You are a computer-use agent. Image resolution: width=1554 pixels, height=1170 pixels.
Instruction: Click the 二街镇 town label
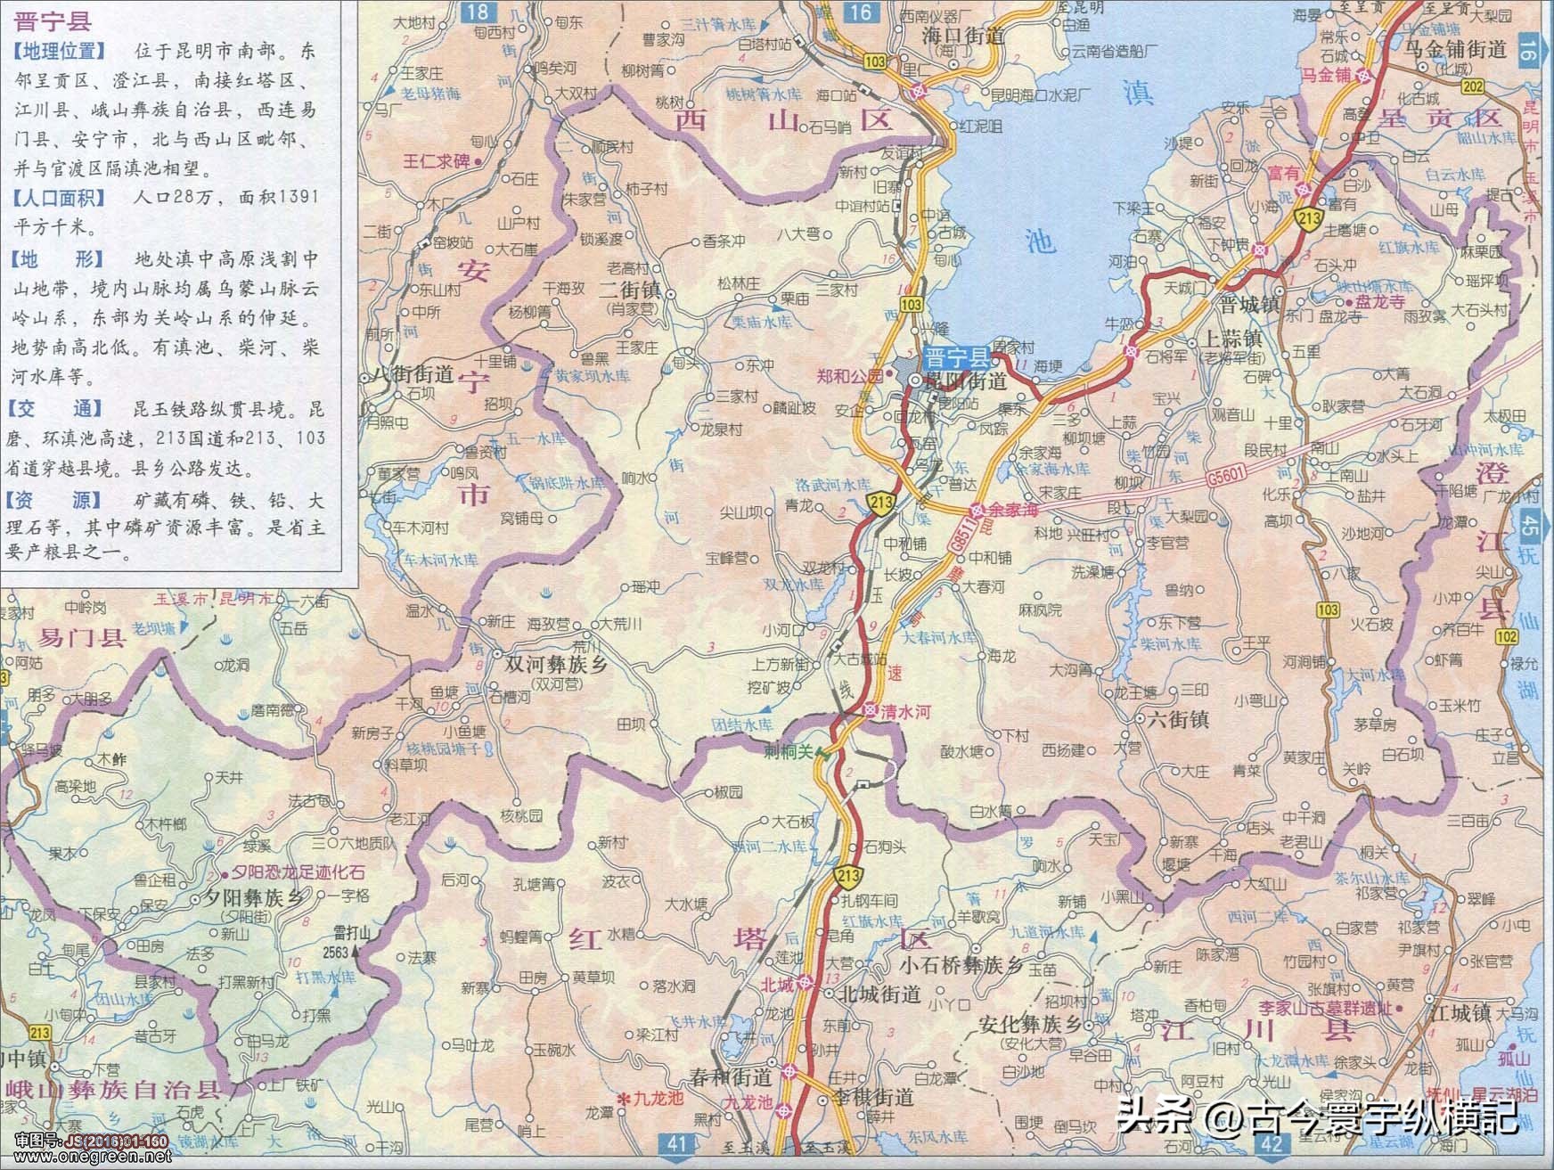[x=629, y=290]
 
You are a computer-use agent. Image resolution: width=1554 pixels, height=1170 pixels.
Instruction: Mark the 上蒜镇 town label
[x=1233, y=340]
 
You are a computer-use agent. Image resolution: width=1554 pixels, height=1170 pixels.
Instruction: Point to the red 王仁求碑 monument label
[x=438, y=161]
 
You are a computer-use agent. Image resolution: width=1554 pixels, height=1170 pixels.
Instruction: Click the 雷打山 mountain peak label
[x=351, y=932]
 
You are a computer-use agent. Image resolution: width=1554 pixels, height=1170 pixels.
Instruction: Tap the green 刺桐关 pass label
[x=789, y=751]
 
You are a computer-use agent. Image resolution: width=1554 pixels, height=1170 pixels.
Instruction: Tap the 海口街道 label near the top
[x=963, y=36]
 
